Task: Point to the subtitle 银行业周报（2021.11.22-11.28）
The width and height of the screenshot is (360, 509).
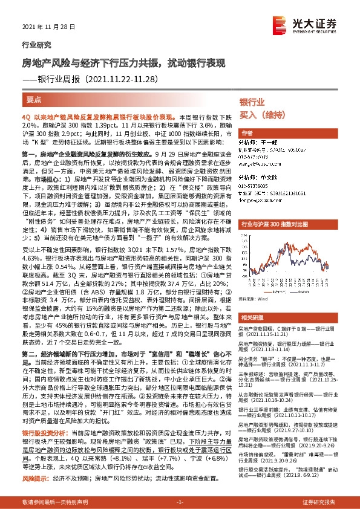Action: (x=100, y=79)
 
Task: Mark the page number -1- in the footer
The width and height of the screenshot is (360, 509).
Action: (x=180, y=502)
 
